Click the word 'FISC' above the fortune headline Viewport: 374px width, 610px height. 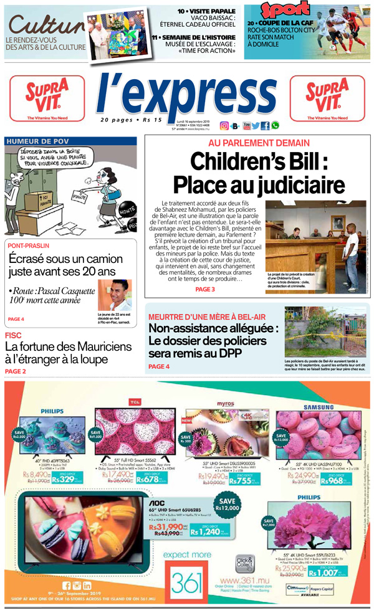tap(14, 335)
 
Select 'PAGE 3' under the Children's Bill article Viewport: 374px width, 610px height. tap(204, 289)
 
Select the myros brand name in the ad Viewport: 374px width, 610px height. tap(225, 404)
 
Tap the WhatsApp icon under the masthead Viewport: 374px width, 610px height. tap(275, 125)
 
